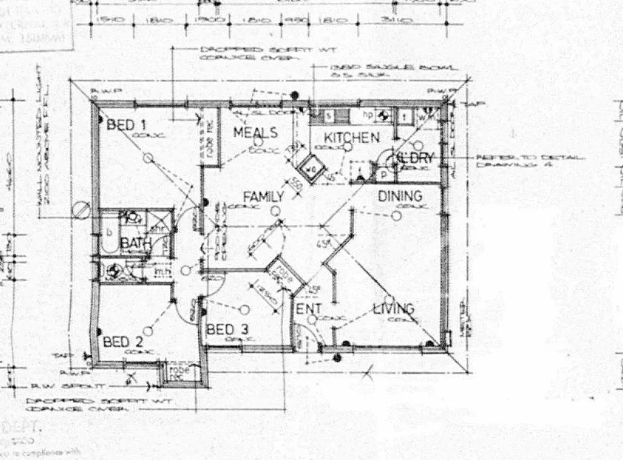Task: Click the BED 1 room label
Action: [x=126, y=125]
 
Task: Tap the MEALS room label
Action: [x=255, y=133]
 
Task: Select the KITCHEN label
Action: [x=352, y=138]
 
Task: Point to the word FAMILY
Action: [x=264, y=197]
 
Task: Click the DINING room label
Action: [x=400, y=197]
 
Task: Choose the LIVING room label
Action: [x=393, y=308]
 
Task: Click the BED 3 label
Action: [x=226, y=329]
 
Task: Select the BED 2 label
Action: [x=123, y=342]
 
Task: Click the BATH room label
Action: [x=136, y=243]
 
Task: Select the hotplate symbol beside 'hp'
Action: [x=383, y=115]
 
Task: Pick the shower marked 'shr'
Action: [x=154, y=219]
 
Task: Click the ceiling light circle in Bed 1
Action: [x=148, y=157]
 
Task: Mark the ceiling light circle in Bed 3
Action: [x=245, y=309]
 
